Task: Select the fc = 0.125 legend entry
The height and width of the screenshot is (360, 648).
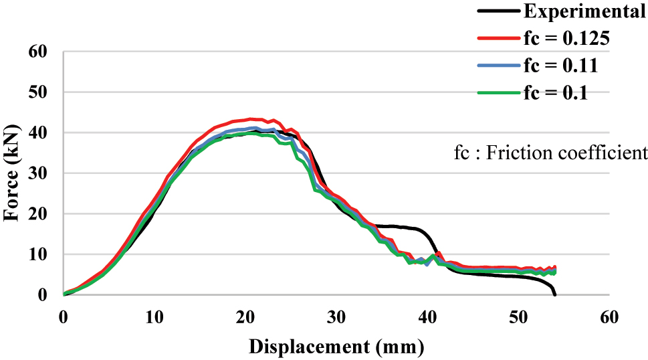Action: (x=566, y=39)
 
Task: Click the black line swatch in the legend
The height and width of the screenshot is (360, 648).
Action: (x=498, y=11)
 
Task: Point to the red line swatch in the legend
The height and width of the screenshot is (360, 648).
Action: (x=498, y=39)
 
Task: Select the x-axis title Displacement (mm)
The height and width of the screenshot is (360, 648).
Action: (x=336, y=347)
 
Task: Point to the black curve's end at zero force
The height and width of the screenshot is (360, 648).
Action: (x=555, y=294)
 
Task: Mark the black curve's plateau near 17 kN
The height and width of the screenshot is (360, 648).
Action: (x=395, y=227)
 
